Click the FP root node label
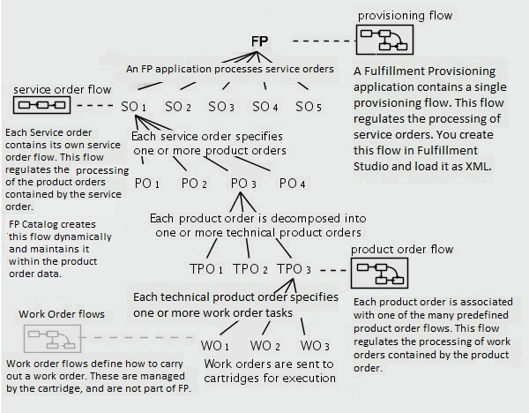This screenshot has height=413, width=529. tap(260, 41)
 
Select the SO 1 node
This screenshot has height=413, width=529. tap(133, 107)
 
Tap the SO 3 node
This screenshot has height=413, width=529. tap(221, 107)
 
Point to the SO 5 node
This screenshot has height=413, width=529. tap(309, 107)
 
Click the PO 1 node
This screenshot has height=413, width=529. tap(146, 184)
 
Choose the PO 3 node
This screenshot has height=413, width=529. tap(244, 184)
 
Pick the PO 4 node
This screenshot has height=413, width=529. tap(293, 184)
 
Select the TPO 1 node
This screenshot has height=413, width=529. tap(206, 268)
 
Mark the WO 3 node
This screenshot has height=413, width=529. tap(315, 344)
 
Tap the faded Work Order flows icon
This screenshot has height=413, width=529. tap(53, 339)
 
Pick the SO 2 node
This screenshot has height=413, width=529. tap(177, 107)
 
